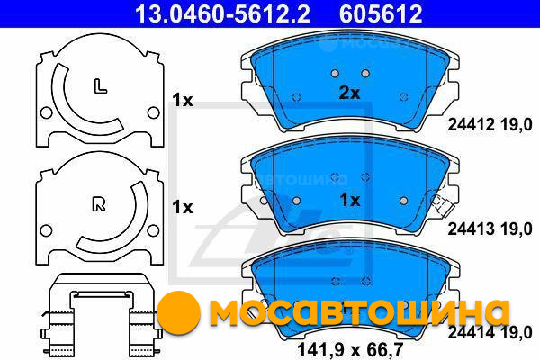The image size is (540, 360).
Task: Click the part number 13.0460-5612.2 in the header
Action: (x=222, y=13)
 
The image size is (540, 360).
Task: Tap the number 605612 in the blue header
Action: (x=381, y=13)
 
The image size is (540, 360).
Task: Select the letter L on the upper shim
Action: (x=100, y=86)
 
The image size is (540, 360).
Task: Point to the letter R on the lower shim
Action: (x=99, y=204)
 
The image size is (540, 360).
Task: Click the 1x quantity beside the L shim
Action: (x=183, y=100)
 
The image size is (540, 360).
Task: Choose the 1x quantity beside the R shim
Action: (x=183, y=207)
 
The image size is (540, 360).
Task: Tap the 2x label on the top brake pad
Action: (x=349, y=93)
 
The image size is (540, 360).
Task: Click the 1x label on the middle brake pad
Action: (x=350, y=200)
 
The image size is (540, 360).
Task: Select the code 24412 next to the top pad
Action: (x=471, y=124)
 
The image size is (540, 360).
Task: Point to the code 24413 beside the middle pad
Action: (x=471, y=229)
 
